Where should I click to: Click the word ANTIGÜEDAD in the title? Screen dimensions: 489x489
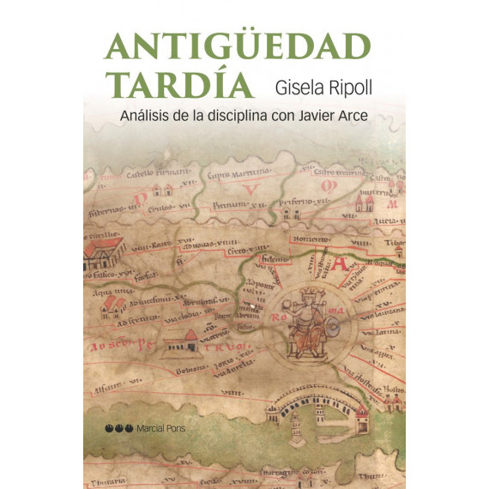click(238, 47)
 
